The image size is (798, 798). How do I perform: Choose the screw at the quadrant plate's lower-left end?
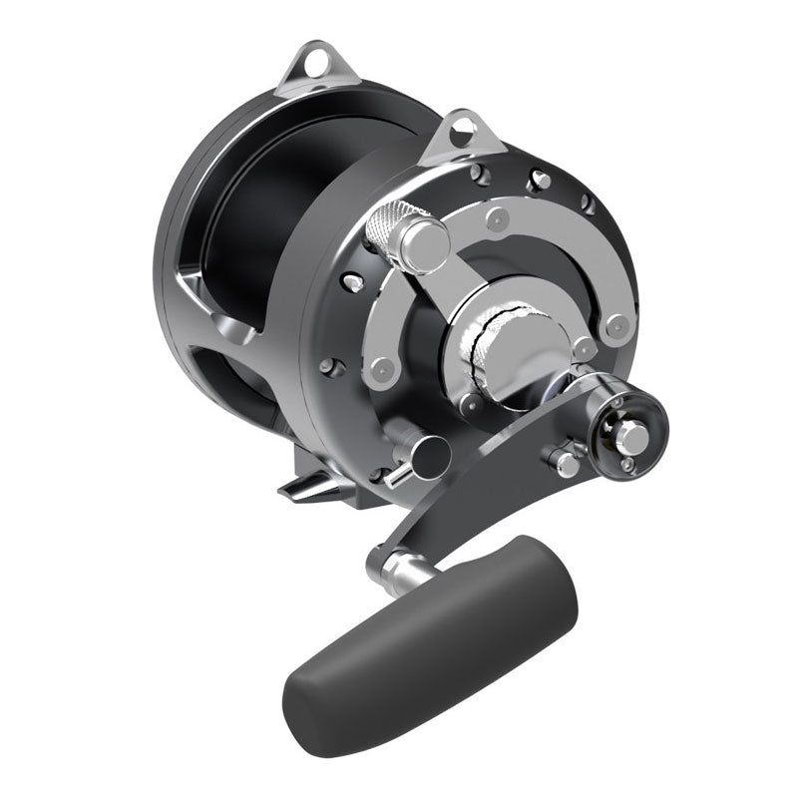pyautogui.click(x=376, y=373)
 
